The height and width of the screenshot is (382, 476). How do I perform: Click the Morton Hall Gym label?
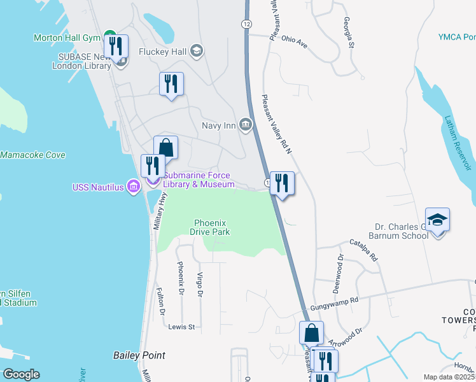67,38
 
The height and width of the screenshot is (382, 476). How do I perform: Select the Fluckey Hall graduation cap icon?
196,52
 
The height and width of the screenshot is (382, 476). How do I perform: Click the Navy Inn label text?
219,125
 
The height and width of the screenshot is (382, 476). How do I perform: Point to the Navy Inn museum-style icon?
245,124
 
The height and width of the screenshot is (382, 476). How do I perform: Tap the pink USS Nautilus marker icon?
133,187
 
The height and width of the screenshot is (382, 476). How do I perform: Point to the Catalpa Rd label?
364,250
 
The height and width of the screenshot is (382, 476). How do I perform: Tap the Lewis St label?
181,327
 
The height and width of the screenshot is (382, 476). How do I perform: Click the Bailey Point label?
139,355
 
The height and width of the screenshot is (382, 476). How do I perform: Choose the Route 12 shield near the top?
245,24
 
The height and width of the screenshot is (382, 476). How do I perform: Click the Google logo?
21,374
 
